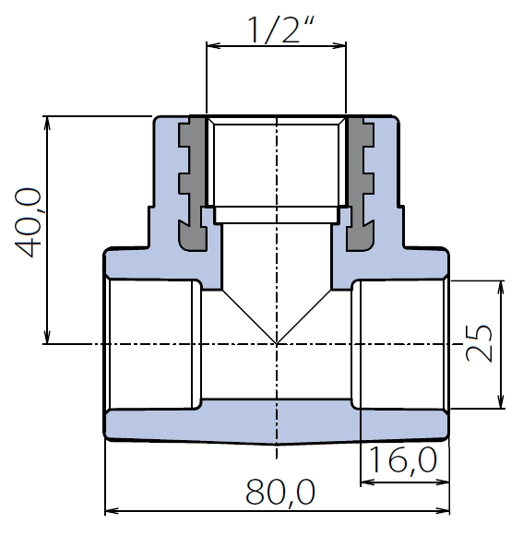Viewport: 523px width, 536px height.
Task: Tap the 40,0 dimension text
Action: (x=28, y=222)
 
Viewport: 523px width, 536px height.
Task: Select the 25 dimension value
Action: (x=479, y=343)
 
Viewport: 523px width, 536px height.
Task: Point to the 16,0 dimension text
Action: (x=403, y=460)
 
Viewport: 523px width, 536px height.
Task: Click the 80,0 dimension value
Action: (x=280, y=493)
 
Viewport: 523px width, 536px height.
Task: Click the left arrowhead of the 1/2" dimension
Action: (x=214, y=45)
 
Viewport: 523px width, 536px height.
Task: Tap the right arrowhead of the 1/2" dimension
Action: (x=339, y=45)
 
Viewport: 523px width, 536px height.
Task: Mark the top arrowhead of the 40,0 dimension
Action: (x=48, y=123)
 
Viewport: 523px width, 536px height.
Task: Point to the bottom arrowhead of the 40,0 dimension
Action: (x=48, y=337)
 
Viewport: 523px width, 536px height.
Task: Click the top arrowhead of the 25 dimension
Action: (x=501, y=288)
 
